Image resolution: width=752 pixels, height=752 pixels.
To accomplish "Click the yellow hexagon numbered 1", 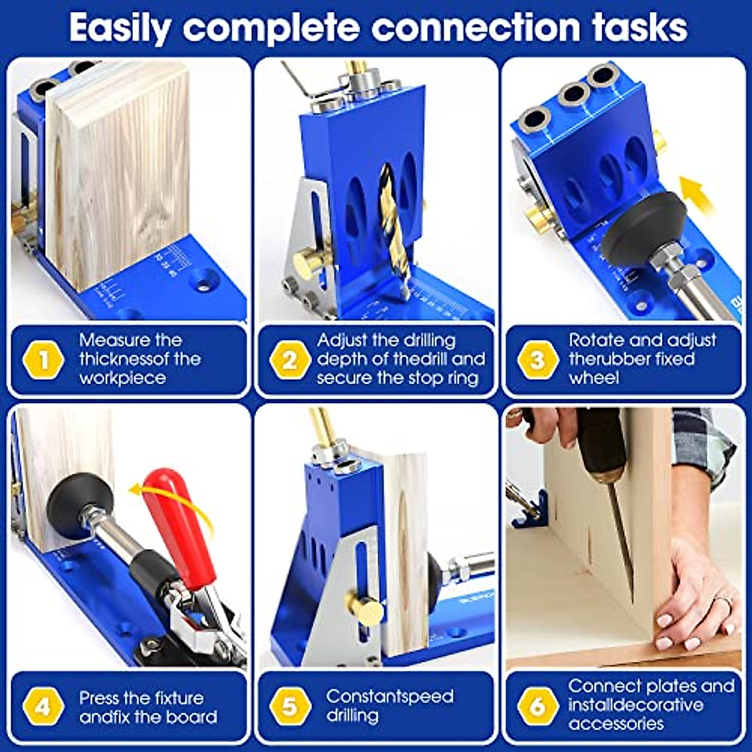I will point(43,360).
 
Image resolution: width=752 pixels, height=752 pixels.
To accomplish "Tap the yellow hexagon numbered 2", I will point(290,360).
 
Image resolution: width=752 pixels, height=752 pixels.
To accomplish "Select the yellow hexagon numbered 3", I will point(537,360).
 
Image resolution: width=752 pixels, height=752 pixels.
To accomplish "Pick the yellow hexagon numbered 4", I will point(43,707).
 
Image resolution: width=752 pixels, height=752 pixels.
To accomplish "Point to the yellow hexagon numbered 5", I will point(290,707).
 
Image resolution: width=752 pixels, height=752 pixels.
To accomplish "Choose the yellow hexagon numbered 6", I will point(537,707).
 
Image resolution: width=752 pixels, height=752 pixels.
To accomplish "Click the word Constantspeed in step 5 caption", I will point(390,696).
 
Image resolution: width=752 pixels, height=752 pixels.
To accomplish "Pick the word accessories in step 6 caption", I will point(616,724).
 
